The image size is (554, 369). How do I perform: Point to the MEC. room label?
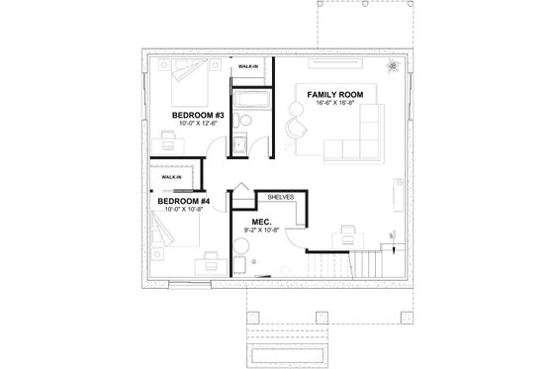pos(262,222)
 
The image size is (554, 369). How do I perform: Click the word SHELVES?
pos(281,197)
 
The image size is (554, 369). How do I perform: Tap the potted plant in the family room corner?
pos(392,66)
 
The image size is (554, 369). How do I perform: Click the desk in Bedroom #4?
pos(209,262)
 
